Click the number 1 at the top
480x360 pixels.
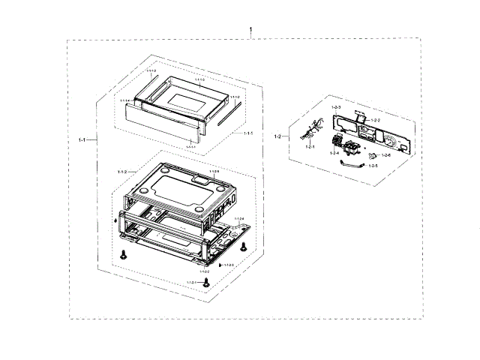click(x=250, y=31)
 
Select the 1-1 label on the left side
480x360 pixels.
click(x=82, y=140)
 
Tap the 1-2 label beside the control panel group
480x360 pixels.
click(x=277, y=136)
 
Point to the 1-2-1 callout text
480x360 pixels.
click(x=310, y=148)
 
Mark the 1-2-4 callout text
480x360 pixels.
click(x=334, y=153)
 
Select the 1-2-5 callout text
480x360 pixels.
click(x=373, y=166)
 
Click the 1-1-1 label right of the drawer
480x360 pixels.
click(x=247, y=133)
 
